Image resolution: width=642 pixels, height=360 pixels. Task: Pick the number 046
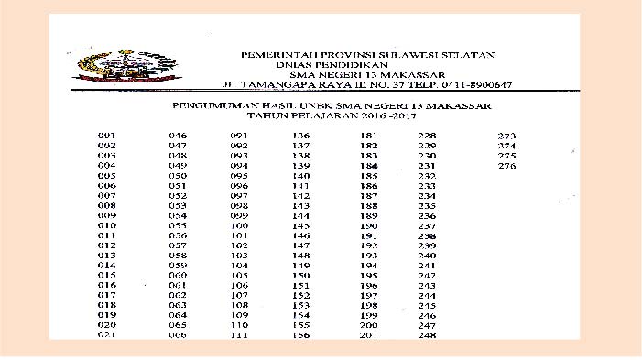[x=178, y=136]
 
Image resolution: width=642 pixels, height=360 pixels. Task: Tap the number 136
[x=301, y=136]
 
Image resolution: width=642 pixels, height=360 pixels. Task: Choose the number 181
[x=369, y=136]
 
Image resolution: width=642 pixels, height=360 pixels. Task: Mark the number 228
[x=426, y=136]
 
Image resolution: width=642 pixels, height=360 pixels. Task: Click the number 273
[x=506, y=136]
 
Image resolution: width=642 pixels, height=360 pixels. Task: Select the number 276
[x=506, y=166]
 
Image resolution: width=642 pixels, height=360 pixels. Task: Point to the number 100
[x=240, y=225]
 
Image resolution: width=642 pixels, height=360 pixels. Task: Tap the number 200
[x=369, y=325]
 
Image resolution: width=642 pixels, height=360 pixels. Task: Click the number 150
[x=301, y=275]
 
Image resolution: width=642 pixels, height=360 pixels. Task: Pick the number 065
[x=178, y=325]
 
